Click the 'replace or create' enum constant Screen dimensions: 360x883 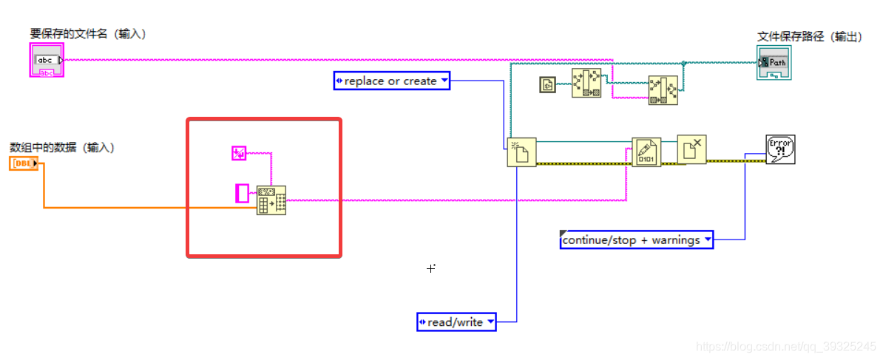click(x=392, y=81)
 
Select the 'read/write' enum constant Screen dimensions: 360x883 click(x=456, y=322)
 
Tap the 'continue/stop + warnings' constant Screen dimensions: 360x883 click(x=637, y=240)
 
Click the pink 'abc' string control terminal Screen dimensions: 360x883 click(x=47, y=60)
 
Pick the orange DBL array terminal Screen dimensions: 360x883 click(x=24, y=163)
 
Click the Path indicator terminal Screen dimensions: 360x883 click(x=774, y=62)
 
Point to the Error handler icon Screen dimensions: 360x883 click(x=780, y=149)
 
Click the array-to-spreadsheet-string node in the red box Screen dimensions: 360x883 click(x=271, y=200)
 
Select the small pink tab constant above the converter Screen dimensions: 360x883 click(x=239, y=153)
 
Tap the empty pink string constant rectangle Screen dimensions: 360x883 click(x=242, y=193)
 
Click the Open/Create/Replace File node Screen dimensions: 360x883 click(x=521, y=152)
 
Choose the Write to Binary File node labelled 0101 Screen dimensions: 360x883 click(x=646, y=152)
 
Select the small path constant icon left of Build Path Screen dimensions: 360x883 click(x=547, y=85)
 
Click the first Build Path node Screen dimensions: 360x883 click(x=586, y=84)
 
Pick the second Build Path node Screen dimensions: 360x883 click(x=663, y=90)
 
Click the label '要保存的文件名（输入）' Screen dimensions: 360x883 click(x=88, y=34)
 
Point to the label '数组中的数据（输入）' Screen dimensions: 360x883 click(x=62, y=147)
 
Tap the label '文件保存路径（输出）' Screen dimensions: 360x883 click(x=809, y=36)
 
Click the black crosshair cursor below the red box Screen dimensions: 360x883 click(x=431, y=268)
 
